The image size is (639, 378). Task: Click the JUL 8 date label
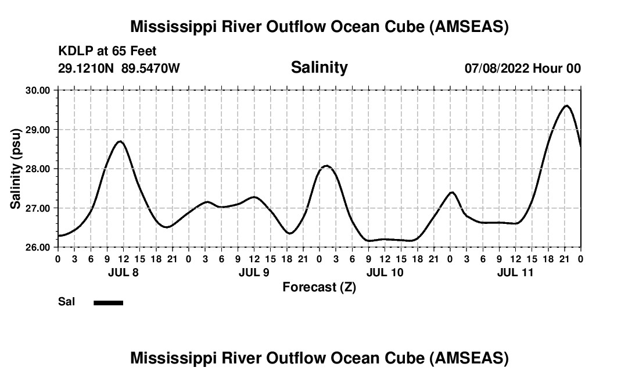point(123,272)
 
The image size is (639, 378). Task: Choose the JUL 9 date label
point(254,272)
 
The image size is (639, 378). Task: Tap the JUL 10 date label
point(385,272)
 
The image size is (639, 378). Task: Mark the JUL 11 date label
point(515,272)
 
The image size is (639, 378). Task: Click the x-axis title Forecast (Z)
point(319,287)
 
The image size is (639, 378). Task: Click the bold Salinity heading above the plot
point(319,67)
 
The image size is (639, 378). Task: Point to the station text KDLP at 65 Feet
point(107,51)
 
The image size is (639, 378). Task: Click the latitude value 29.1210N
point(87,68)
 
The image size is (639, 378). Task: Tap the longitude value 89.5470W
point(150,68)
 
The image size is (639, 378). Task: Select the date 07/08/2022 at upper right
point(497,68)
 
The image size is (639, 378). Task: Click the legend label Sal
point(66,302)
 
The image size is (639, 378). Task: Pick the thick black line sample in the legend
point(108,302)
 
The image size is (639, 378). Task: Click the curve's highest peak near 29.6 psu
point(566,106)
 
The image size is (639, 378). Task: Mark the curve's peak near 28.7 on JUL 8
point(120,141)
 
